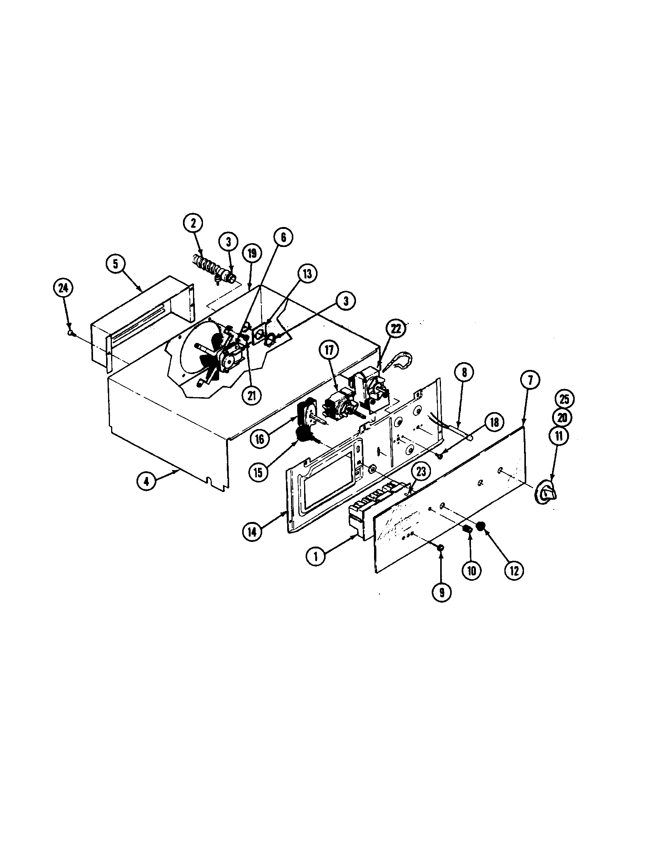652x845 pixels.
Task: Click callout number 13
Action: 307,273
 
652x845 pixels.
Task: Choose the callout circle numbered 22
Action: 396,328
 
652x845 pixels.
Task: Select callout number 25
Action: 564,399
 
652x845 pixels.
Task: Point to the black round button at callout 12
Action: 481,526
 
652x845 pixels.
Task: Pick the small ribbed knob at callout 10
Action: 468,529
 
